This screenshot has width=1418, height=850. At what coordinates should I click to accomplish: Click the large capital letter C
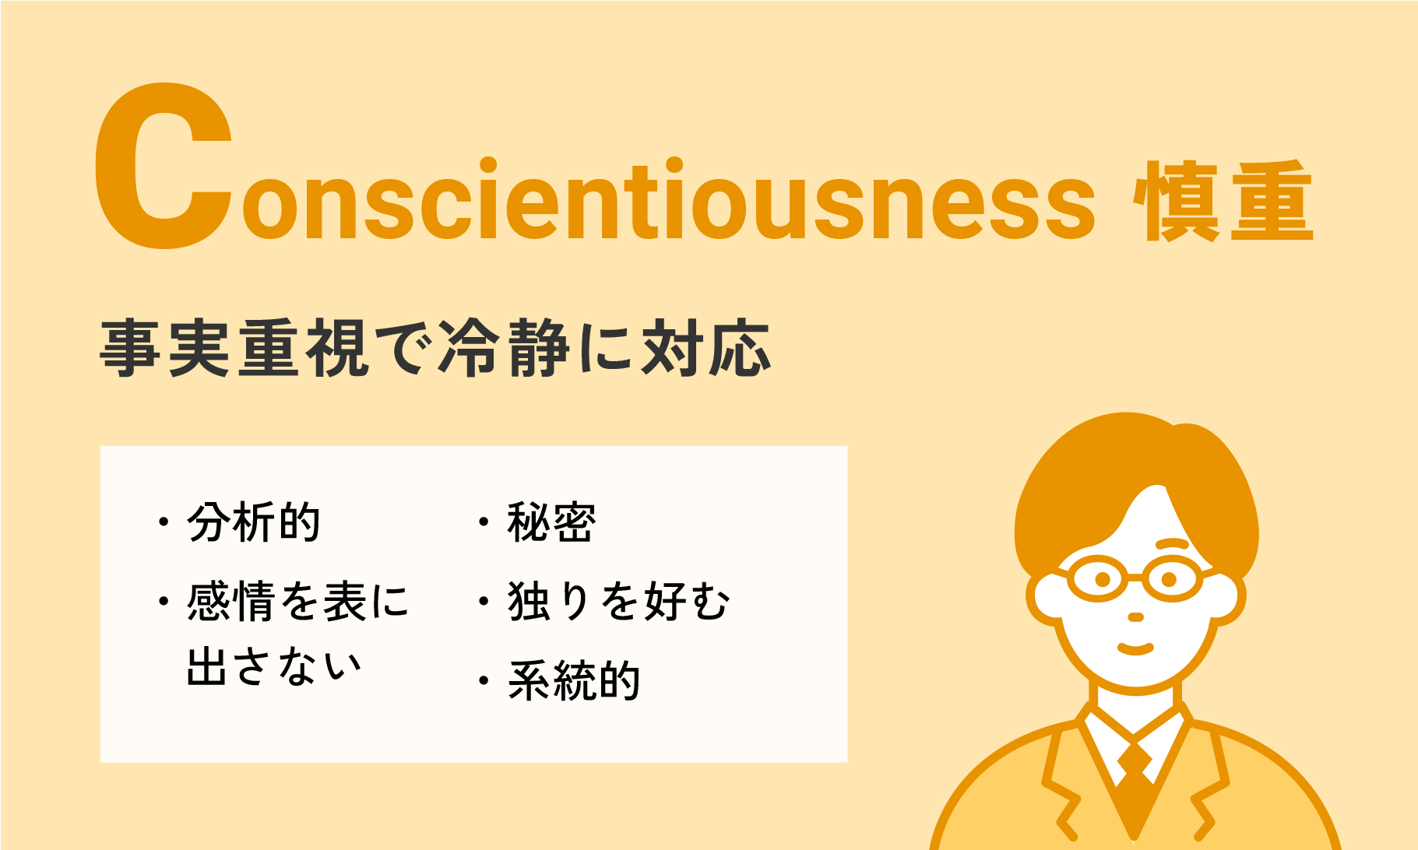coord(164,167)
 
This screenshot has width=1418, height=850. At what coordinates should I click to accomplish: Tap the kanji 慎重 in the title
coord(1223,201)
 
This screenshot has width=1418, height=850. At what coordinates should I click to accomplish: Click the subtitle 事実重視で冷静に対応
coord(435,348)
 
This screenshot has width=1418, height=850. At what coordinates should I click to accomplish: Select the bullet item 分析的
coord(254,522)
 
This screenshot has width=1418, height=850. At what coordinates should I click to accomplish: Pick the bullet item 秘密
coord(552,522)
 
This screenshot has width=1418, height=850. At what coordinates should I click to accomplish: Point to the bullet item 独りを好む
coord(619,601)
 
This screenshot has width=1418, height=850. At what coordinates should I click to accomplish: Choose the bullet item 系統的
coord(574,680)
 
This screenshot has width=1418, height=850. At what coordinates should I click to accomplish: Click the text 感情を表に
coord(297,601)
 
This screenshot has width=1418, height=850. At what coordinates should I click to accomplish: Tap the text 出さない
coord(275,667)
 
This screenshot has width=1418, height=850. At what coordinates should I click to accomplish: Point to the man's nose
coord(1136,616)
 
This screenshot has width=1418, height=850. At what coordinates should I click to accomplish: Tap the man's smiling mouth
coord(1135,648)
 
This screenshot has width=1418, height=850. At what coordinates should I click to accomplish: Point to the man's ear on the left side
coord(1043,599)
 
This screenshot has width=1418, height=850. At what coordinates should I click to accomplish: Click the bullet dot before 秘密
coord(484,522)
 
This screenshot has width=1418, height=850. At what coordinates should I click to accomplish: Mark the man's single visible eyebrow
coord(1174,544)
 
